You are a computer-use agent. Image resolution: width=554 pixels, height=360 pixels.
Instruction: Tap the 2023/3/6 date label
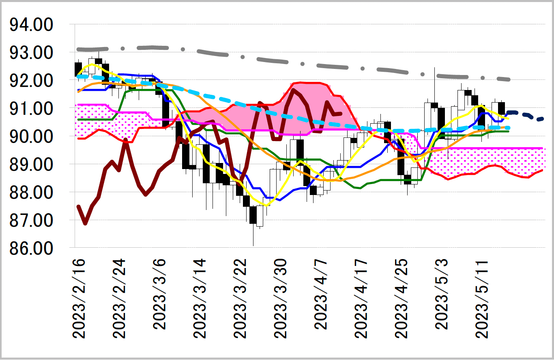tap(160, 294)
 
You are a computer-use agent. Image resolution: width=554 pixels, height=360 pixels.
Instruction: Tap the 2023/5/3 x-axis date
tap(442, 294)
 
